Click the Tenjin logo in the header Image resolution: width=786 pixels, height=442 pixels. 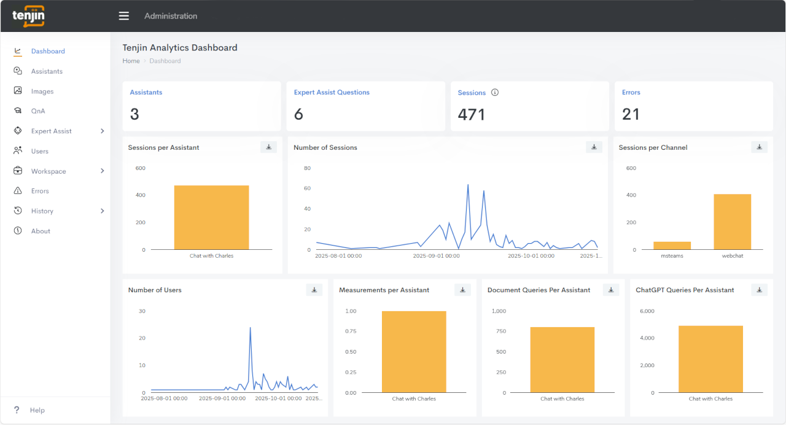point(28,16)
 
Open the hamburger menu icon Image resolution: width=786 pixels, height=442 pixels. point(124,16)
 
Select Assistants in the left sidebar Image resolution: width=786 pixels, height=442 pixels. point(47,71)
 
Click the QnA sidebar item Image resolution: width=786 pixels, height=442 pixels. point(38,111)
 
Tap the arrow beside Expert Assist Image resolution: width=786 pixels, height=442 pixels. point(102,131)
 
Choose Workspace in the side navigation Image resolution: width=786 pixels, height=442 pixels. point(49,171)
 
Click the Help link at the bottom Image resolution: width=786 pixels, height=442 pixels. point(37,410)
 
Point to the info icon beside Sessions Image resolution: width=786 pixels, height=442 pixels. point(495,92)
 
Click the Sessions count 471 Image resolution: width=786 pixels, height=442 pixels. point(471,114)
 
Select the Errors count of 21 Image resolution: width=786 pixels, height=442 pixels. point(631,114)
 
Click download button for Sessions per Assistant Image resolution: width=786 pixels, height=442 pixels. point(268,147)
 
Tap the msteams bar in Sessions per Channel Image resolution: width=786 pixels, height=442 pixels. point(672,246)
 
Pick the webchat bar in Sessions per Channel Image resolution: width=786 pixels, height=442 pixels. point(733,222)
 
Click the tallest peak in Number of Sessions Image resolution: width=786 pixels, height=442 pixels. point(468,185)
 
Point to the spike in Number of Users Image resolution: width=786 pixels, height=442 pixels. point(250,328)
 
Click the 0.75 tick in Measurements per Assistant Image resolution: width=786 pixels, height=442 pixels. point(351,331)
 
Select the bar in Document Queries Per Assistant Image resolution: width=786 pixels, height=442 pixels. point(562,360)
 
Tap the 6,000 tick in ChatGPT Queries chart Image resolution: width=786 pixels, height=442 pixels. point(647,311)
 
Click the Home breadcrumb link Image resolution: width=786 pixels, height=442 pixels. point(131,61)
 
